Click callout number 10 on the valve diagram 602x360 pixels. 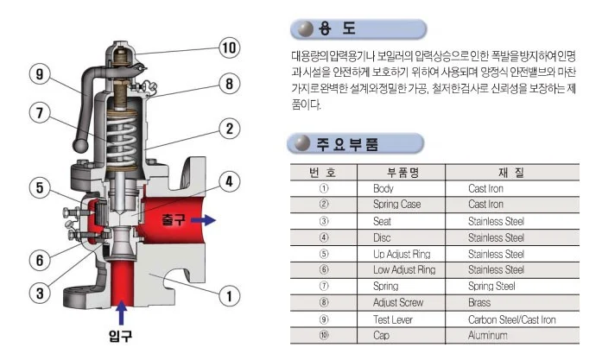point(228,47)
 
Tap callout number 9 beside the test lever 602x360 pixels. point(38,74)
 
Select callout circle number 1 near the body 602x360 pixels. point(228,296)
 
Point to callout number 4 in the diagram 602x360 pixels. point(228,181)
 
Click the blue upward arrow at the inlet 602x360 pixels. point(123,309)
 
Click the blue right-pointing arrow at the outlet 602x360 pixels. point(202,220)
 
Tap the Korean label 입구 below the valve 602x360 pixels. point(122,333)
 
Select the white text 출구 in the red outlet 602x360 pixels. point(174,221)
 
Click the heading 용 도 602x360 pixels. point(338,29)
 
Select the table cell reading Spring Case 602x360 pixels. point(397,205)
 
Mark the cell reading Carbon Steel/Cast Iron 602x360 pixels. point(511,319)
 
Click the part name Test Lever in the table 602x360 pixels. point(394,319)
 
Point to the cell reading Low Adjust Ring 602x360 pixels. point(403,270)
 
